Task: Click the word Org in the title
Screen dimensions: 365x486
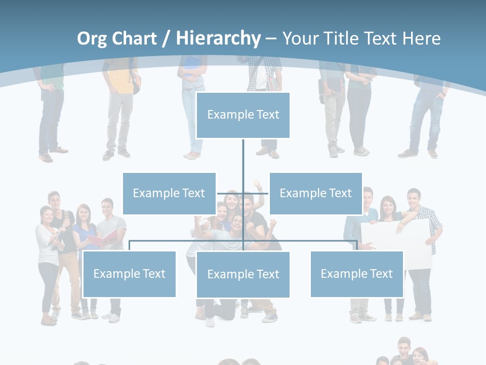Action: pos(92,39)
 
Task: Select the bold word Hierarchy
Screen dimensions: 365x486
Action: pos(218,39)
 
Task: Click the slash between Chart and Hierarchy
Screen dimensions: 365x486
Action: pos(167,39)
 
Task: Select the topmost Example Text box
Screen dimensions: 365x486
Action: pos(243,115)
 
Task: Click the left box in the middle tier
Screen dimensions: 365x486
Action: pos(169,193)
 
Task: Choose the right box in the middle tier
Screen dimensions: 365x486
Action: pos(315,193)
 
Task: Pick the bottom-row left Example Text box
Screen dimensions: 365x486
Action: pos(129,274)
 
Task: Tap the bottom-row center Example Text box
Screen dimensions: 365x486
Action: pos(243,274)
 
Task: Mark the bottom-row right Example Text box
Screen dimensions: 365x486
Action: pos(356,274)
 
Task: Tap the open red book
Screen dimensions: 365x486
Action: pos(101,238)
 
